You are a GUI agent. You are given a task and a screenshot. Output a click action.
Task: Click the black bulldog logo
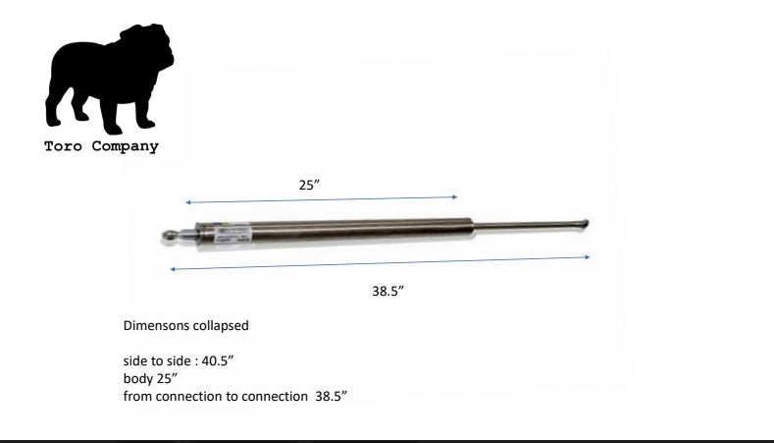pos(108,82)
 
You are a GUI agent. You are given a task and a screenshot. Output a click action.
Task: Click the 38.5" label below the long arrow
pos(388,291)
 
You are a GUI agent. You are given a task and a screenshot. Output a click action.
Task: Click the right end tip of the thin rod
pos(586,223)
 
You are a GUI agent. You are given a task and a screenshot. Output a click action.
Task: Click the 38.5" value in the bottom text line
pos(332,397)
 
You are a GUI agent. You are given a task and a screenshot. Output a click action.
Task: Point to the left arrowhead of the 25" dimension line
pos(187,203)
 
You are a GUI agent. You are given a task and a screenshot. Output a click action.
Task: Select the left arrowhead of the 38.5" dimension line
pos(173,268)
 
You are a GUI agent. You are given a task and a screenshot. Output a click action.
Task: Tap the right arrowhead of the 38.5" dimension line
pos(589,257)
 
